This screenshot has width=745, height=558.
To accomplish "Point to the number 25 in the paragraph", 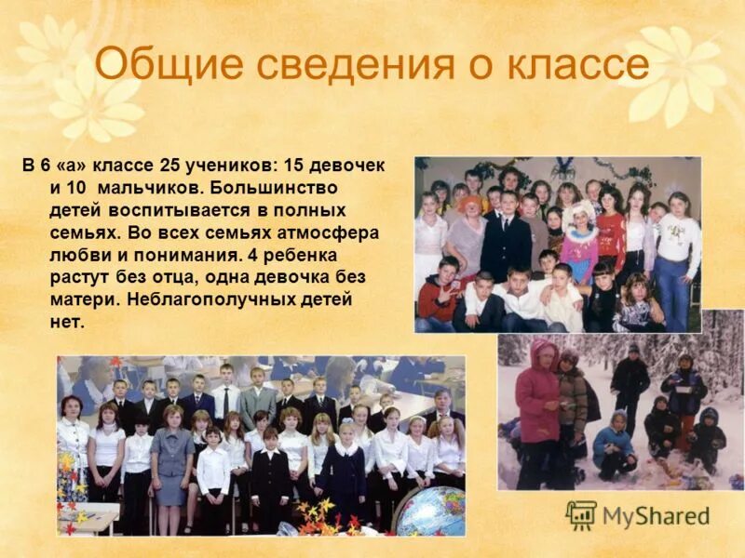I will [169, 166].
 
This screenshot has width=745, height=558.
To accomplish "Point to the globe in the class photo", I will [430, 511].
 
